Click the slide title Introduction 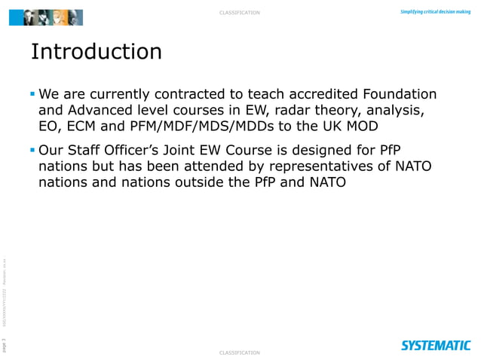click(x=96, y=52)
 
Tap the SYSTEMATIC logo click(x=436, y=345)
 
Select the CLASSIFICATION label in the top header click(x=240, y=13)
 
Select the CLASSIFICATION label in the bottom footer click(x=240, y=352)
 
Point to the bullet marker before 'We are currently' click(x=32, y=96)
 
